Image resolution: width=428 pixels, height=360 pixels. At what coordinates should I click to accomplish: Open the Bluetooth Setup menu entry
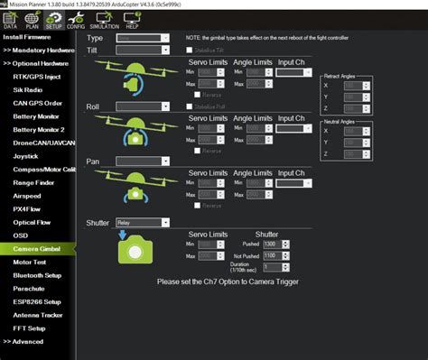(x=36, y=274)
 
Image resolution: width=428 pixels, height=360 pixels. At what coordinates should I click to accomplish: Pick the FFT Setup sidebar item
(x=30, y=328)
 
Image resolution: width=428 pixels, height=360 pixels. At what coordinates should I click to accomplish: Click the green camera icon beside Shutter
(x=136, y=249)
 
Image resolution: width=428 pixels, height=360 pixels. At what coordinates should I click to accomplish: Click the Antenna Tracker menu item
(x=37, y=314)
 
